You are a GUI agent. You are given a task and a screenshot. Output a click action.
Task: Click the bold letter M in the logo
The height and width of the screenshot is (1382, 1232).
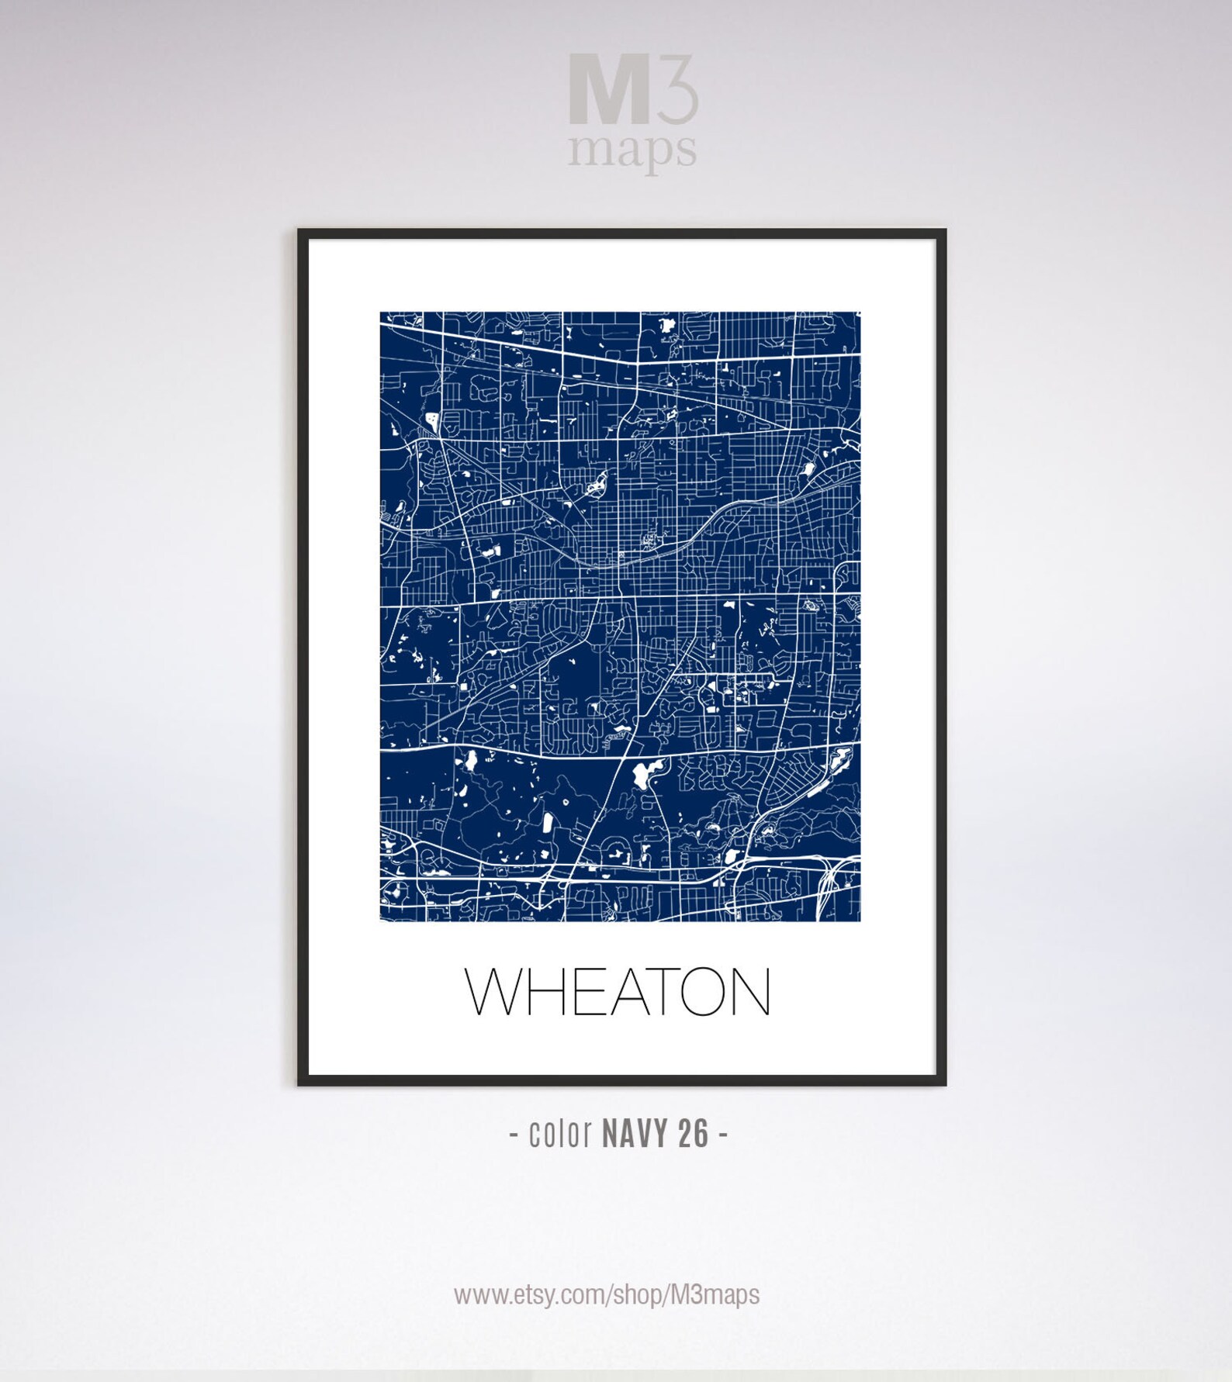click(x=608, y=89)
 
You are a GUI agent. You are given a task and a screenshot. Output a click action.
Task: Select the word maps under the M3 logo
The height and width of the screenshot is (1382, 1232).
click(x=632, y=149)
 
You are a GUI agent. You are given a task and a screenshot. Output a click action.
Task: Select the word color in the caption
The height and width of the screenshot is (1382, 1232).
click(x=560, y=1135)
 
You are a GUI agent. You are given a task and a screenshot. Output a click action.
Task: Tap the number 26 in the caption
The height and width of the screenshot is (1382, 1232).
click(x=694, y=1135)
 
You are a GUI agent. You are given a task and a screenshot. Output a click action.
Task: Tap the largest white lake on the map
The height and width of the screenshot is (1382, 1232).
click(x=642, y=773)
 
